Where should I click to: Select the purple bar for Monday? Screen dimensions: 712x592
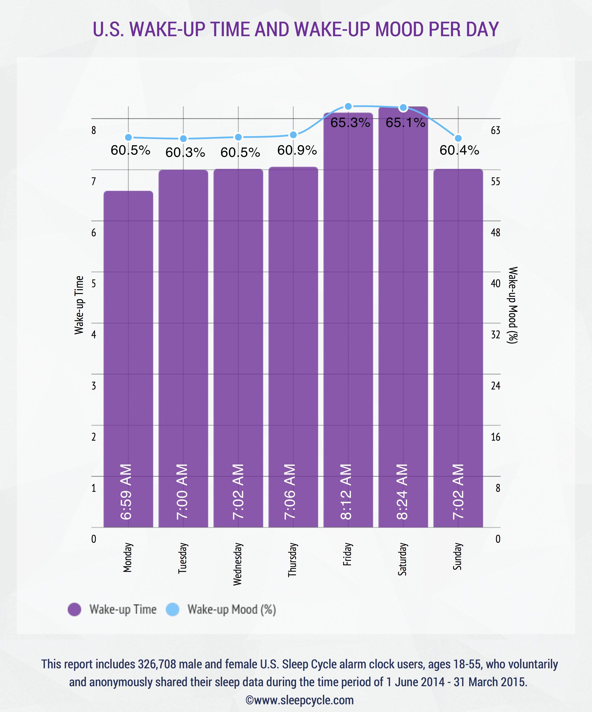point(128,339)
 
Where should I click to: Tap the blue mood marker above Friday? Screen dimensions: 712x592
point(348,106)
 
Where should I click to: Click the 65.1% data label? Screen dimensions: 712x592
point(405,123)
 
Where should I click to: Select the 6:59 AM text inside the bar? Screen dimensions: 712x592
point(126,492)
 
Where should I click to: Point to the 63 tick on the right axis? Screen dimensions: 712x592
point(495,131)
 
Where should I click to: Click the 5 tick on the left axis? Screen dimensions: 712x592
point(93,283)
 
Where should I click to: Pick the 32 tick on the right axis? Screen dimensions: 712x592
point(495,335)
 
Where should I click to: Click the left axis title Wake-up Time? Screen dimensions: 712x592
point(79,305)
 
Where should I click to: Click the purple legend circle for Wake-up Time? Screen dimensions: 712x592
point(74,609)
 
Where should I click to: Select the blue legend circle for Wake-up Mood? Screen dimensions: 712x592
point(173,609)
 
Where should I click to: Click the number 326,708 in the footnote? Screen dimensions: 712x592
point(157,664)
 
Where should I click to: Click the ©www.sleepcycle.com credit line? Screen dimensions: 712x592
point(299,700)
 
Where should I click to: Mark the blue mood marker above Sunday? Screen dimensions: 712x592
point(458,138)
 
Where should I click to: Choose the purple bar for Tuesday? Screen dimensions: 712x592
point(183,339)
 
